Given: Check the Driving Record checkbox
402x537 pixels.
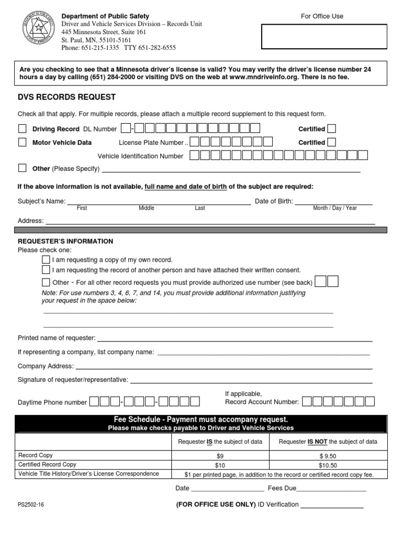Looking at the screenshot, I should tap(23, 128).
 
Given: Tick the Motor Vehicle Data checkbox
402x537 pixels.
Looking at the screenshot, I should tap(23, 142).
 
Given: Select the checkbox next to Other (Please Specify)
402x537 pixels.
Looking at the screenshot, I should tap(23, 168).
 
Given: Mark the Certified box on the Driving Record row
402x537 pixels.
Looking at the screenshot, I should tap(331, 128).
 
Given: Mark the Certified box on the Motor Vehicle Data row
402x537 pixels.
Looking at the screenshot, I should tap(331, 142).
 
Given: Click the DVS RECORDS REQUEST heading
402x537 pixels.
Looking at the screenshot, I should tap(66, 97).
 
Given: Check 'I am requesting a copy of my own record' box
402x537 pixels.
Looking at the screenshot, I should tap(46, 260).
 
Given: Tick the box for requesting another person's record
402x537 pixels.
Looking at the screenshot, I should tap(46, 270).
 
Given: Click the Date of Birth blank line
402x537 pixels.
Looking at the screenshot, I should tap(334, 201).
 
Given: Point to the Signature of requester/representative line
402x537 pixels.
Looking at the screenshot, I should tap(251, 380).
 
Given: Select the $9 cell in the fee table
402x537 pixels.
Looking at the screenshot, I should tap(220, 456).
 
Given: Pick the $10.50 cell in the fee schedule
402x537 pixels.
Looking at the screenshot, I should tap(328, 465).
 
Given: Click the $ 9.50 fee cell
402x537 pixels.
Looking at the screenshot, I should tap(328, 456).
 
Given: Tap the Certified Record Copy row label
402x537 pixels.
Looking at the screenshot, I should tap(47, 465).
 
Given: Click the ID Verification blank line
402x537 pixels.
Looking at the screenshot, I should tap(332, 505).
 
